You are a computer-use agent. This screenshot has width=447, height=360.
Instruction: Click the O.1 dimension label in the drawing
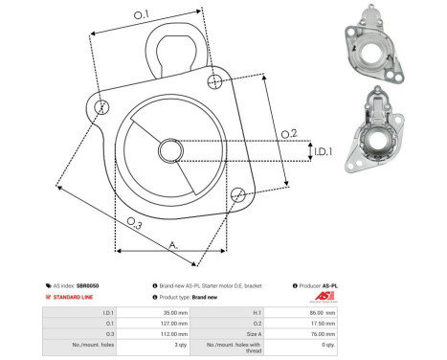click(x=141, y=14)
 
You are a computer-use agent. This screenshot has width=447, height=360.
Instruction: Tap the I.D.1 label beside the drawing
click(x=322, y=151)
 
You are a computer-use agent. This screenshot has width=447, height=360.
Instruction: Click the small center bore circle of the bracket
click(x=170, y=149)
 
